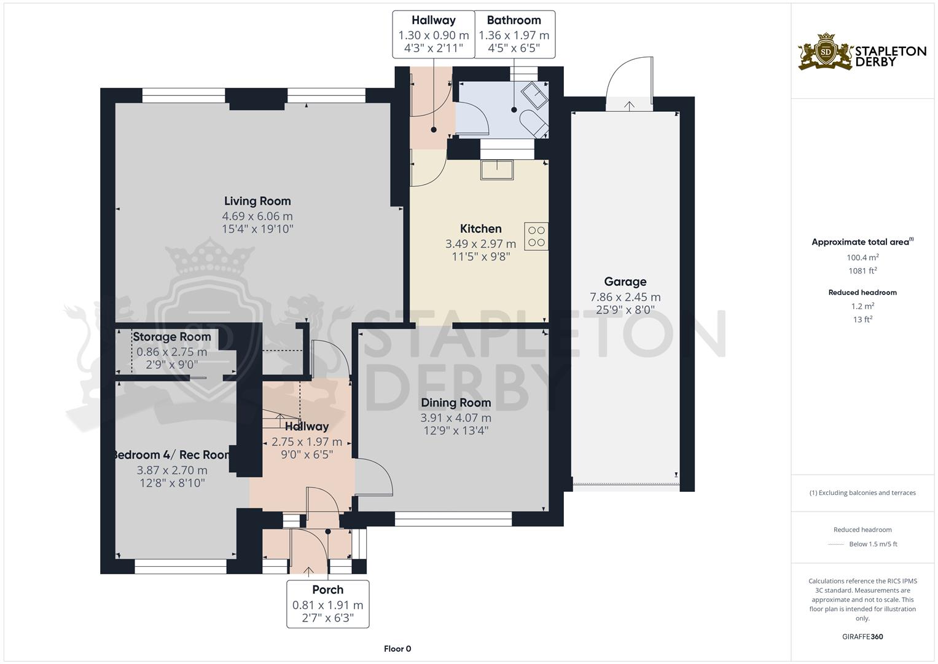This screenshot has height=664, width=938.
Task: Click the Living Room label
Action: (x=257, y=201)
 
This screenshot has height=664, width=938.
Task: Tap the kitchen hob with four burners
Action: (x=536, y=236)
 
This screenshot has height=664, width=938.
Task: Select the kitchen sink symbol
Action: (x=496, y=170)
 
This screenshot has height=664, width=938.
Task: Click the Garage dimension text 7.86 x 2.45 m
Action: (x=625, y=297)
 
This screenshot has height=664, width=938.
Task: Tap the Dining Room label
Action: (x=456, y=403)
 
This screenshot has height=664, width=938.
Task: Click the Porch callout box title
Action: (x=327, y=590)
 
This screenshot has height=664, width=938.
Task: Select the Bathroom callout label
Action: (x=514, y=20)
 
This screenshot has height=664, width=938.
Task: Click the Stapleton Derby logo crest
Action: (x=826, y=52)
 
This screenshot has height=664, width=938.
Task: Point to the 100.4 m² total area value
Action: (x=862, y=258)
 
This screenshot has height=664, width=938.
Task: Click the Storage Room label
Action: (x=171, y=337)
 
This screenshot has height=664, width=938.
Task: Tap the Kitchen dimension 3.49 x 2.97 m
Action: (x=480, y=244)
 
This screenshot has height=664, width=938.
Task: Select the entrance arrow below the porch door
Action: (x=308, y=571)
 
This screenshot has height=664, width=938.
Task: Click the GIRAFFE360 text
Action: (x=862, y=637)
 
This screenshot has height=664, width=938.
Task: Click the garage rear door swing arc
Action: (x=628, y=77)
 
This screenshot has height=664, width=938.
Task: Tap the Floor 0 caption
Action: (x=397, y=649)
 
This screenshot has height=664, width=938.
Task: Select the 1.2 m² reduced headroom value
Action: (x=862, y=306)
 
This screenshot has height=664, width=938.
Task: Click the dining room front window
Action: (x=453, y=520)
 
